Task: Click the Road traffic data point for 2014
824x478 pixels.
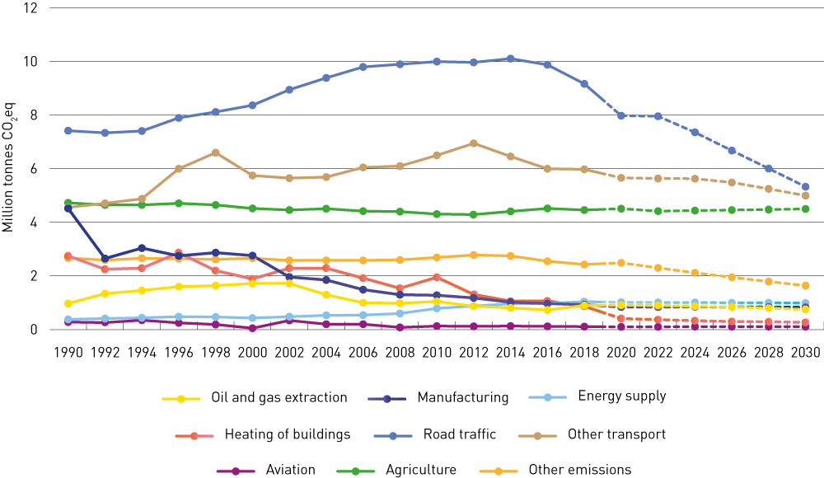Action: (x=510, y=59)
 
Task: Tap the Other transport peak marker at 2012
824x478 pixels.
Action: (x=473, y=143)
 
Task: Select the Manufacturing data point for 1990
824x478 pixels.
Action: (x=68, y=209)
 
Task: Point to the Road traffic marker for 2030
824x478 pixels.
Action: (x=805, y=187)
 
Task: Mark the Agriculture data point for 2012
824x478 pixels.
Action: (x=473, y=214)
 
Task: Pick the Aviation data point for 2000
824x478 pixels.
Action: (x=252, y=328)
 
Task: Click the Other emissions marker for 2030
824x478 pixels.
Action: (x=805, y=286)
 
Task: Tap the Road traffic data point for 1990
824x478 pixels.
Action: (x=68, y=130)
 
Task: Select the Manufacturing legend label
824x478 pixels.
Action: (x=462, y=397)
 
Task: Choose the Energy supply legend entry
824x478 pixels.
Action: (x=621, y=396)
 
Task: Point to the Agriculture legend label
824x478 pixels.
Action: (x=420, y=470)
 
